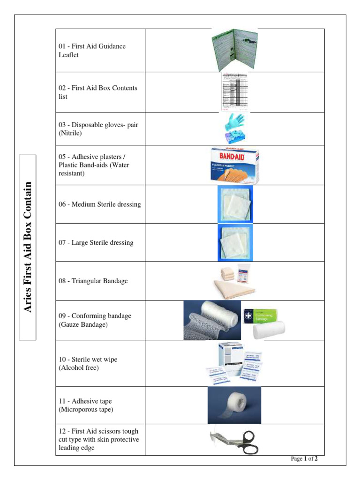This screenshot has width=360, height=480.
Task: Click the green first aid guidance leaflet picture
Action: (x=234, y=50)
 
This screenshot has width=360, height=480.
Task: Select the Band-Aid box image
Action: (x=234, y=165)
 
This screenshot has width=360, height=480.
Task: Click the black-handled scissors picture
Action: (x=234, y=440)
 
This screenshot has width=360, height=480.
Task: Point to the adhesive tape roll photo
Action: (x=234, y=405)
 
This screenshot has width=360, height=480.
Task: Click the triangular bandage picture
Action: (x=234, y=281)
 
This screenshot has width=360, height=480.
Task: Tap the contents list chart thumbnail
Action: (x=234, y=92)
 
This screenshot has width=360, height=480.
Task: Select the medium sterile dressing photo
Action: (x=235, y=204)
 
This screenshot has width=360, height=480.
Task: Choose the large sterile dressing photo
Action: (x=235, y=242)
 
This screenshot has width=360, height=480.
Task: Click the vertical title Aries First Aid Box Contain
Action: (x=28, y=247)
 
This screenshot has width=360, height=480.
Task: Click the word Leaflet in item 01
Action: (x=68, y=55)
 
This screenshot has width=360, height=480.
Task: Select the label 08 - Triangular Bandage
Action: (x=93, y=281)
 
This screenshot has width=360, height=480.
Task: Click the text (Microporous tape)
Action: (x=86, y=410)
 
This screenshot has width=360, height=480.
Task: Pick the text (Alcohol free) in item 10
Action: (x=79, y=368)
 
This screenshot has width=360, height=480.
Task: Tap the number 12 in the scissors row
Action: (x=62, y=431)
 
